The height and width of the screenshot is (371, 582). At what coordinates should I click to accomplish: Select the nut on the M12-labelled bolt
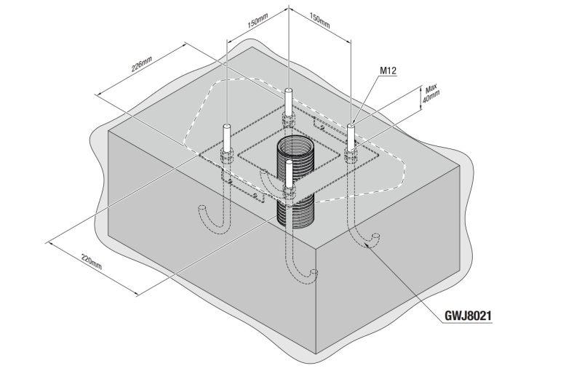coord(351,153)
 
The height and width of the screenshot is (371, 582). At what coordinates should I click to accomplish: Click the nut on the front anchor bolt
coord(290,194)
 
